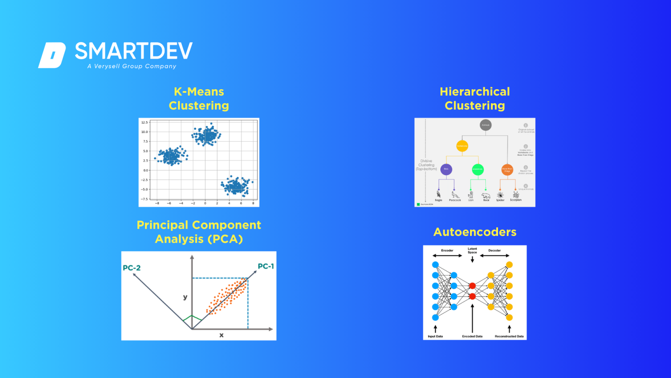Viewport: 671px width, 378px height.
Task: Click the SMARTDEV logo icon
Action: [x=52, y=55]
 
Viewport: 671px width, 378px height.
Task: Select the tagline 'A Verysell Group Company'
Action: [x=131, y=66]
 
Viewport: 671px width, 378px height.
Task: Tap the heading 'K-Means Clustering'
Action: [x=199, y=98]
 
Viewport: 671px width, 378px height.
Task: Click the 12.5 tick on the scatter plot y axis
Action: [x=144, y=122]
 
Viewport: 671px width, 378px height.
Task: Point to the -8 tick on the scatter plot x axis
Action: [x=157, y=203]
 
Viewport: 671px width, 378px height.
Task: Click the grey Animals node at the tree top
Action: [x=485, y=125]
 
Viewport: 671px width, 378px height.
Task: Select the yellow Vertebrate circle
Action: [x=462, y=146]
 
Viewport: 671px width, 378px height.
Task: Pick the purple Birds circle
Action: [x=446, y=169]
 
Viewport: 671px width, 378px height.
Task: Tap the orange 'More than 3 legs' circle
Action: [x=507, y=169]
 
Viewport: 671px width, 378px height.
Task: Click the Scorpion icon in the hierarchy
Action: [x=515, y=194]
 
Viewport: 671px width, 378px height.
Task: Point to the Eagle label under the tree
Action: [x=439, y=200]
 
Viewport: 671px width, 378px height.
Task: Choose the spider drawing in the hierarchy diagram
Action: [x=500, y=195]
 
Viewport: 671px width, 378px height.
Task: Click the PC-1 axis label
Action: [x=266, y=266]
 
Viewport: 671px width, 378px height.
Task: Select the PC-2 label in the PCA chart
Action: [x=131, y=268]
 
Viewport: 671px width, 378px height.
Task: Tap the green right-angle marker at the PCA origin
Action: [x=192, y=319]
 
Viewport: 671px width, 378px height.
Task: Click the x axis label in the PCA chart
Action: [x=221, y=335]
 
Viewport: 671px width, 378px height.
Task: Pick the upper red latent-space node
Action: [x=472, y=286]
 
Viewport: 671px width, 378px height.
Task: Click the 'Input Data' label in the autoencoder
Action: [x=435, y=336]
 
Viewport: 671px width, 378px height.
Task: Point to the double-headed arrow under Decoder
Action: [x=495, y=255]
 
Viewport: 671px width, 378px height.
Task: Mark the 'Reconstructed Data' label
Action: [x=509, y=336]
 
